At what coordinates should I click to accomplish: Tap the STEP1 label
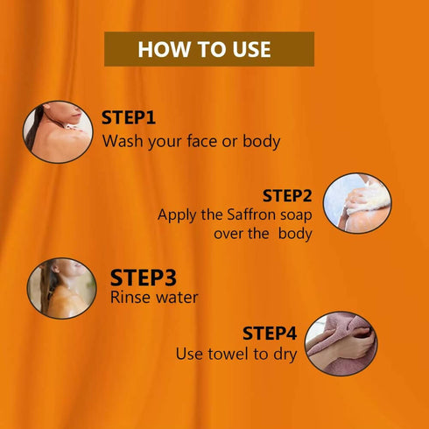point(129,117)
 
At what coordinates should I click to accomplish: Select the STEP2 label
point(287,195)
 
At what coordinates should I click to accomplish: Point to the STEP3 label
point(144,278)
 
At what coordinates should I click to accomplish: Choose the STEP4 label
point(270,334)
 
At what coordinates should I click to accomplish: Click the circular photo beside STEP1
point(58,132)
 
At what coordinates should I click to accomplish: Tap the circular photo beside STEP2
point(357,203)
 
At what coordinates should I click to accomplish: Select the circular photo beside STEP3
point(61,288)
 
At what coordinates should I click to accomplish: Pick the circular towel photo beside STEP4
point(341,343)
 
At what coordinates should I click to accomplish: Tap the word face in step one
point(202,141)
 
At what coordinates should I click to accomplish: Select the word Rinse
point(130,298)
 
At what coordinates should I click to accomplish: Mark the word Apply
point(176,216)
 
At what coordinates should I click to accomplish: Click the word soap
point(296,216)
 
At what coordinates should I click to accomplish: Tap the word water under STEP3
point(177,298)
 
